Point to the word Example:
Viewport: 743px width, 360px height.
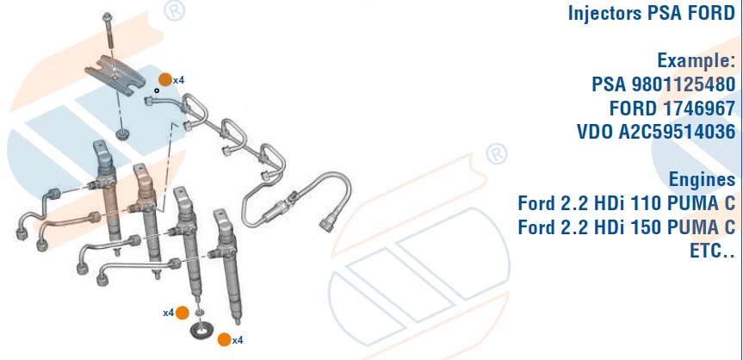pyautogui.click(x=697, y=60)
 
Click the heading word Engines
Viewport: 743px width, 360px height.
pyautogui.click(x=702, y=180)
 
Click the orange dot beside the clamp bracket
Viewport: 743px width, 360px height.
pyautogui.click(x=165, y=80)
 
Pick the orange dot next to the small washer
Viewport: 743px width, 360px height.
pyautogui.click(x=183, y=313)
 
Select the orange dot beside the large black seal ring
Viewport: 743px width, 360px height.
pyautogui.click(x=224, y=339)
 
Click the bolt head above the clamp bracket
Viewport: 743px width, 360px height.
pyautogui.click(x=107, y=16)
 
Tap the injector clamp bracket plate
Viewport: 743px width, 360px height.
pyautogui.click(x=115, y=74)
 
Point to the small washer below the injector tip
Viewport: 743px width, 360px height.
pyautogui.click(x=200, y=312)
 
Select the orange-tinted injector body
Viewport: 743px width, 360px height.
pyautogui.click(x=144, y=199)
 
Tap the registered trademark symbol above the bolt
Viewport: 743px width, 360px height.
pyautogui.click(x=175, y=11)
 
